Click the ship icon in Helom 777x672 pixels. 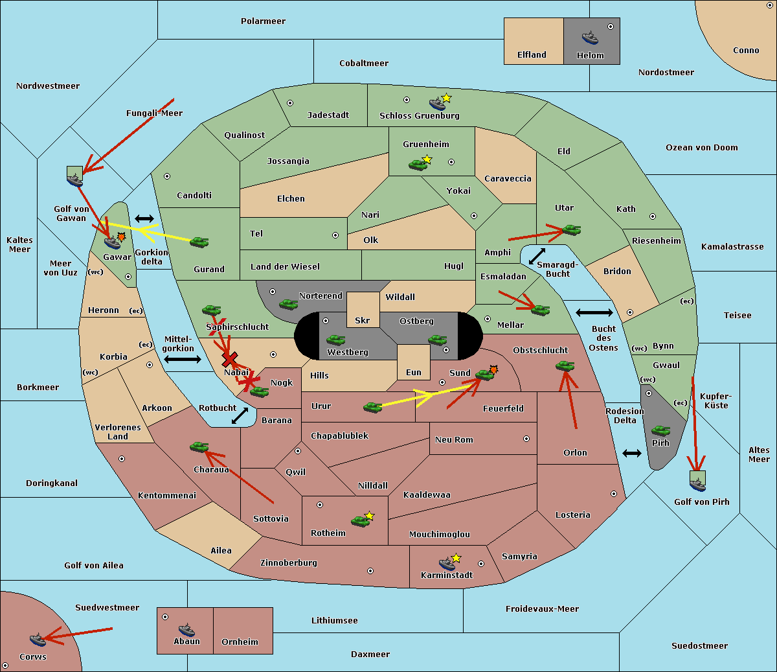coord(590,38)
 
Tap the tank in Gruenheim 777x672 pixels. coord(418,165)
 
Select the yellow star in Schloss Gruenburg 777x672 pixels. coord(446,98)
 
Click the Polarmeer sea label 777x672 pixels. coord(263,21)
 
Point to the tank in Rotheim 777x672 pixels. coord(360,521)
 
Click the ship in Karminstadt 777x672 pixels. coord(447,563)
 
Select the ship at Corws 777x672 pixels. coord(38,640)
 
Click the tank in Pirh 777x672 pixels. coord(660,430)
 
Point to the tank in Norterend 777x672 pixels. coord(288,304)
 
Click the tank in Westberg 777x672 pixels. coord(335,340)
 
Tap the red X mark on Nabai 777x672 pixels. coord(230,359)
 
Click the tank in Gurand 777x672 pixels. coord(199,242)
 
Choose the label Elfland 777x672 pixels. coord(532,55)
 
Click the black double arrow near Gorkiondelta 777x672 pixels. coord(144,218)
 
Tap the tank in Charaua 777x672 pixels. coord(199,446)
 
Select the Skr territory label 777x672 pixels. coord(362,320)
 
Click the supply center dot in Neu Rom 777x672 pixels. coord(526,439)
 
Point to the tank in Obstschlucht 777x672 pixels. coord(565,365)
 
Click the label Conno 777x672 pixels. coord(746,51)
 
